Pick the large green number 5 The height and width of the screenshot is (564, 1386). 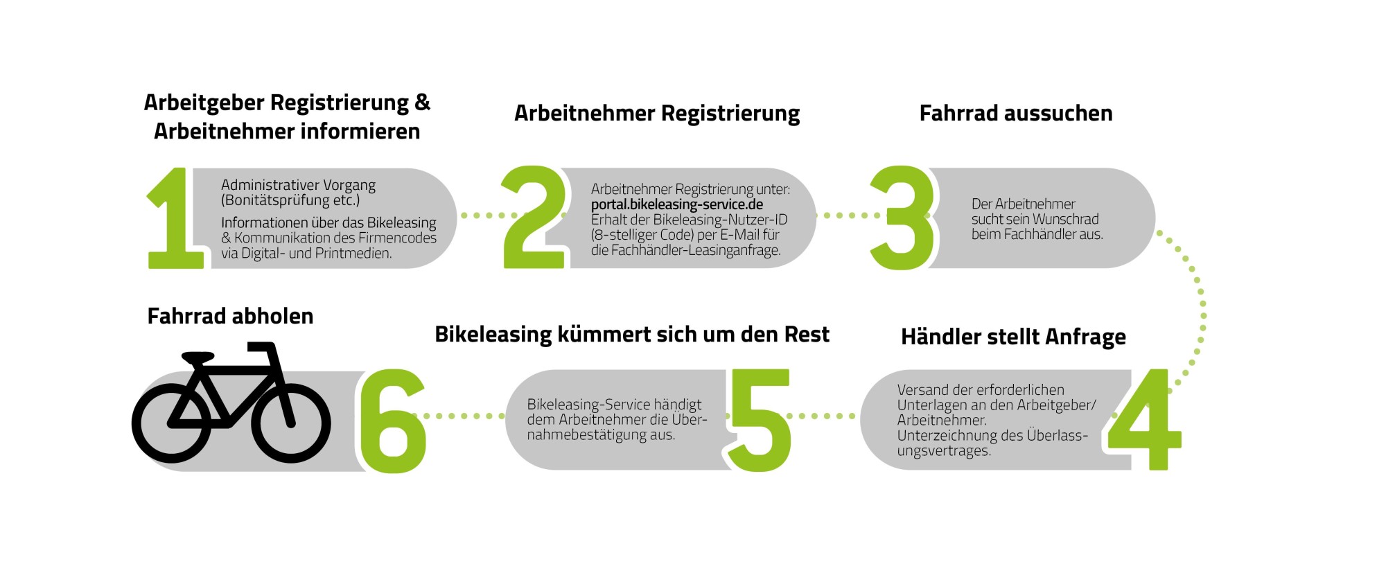[760, 420]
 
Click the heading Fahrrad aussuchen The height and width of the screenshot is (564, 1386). [1016, 114]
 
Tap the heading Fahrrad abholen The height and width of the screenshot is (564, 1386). [231, 317]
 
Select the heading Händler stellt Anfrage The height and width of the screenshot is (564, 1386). [1013, 337]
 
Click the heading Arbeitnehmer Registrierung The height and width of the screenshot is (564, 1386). [657, 114]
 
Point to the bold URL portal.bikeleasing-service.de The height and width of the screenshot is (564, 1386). [677, 204]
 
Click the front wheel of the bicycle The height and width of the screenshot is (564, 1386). [291, 425]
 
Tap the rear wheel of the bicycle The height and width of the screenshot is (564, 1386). [171, 425]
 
